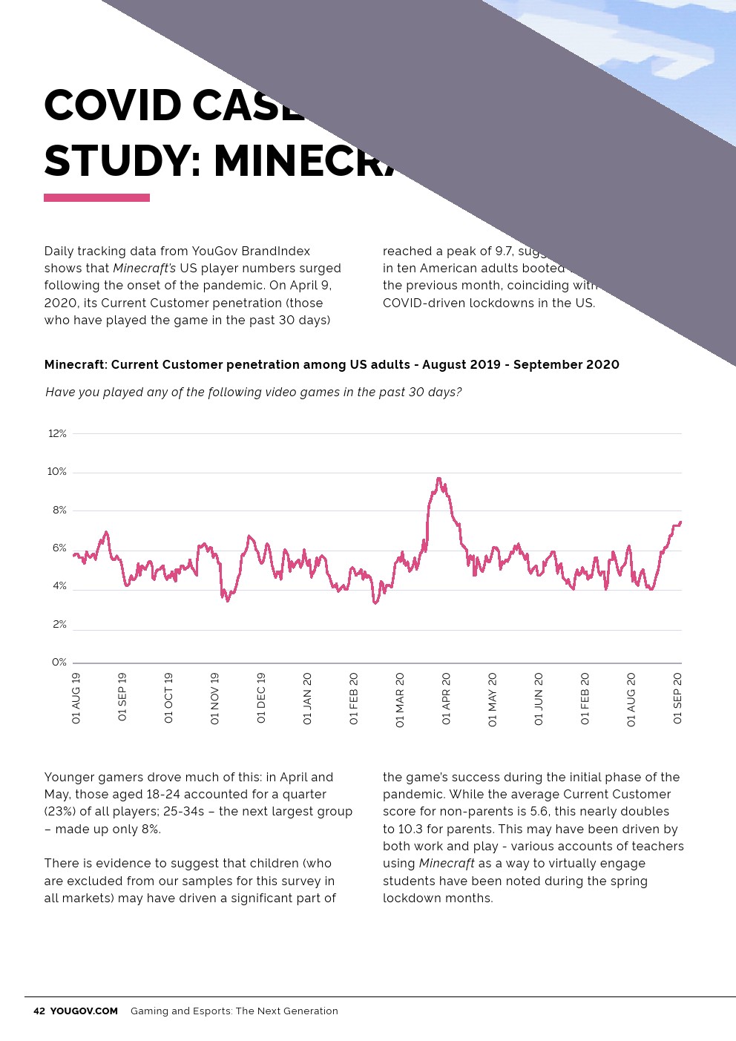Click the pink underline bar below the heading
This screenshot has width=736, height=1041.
pyautogui.click(x=96, y=198)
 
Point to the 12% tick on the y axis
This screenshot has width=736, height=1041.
pyautogui.click(x=57, y=433)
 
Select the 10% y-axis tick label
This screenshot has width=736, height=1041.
pyautogui.click(x=57, y=472)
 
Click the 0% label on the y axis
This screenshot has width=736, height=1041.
pyautogui.click(x=59, y=663)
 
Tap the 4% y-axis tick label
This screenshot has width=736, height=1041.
pyautogui.click(x=59, y=586)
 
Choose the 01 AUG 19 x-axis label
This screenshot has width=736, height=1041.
pyautogui.click(x=76, y=698)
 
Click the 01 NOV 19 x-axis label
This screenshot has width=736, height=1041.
pyautogui.click(x=215, y=698)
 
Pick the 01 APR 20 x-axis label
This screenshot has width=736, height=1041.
pyautogui.click(x=446, y=698)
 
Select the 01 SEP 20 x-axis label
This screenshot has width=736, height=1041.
pyautogui.click(x=677, y=698)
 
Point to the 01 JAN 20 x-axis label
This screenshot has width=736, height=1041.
pyautogui.click(x=307, y=698)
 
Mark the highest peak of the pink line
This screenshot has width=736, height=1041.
pyautogui.click(x=438, y=479)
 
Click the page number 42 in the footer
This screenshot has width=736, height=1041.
pyautogui.click(x=39, y=1011)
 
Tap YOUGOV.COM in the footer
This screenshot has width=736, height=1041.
pyautogui.click(x=84, y=1011)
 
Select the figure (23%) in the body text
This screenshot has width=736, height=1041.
pyautogui.click(x=60, y=812)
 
